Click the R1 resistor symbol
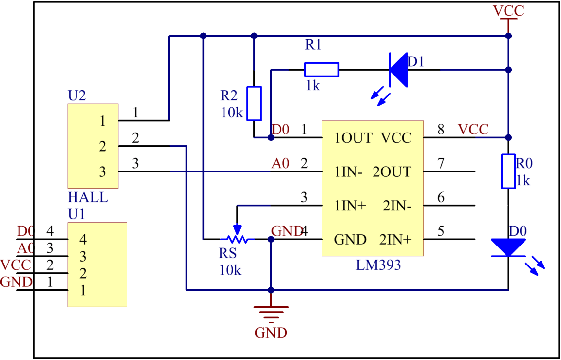321,70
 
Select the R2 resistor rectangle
254,103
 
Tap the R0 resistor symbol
508,171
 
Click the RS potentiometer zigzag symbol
237,239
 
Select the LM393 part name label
378,265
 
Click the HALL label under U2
88,198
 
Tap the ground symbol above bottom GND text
271,312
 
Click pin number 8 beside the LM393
441,130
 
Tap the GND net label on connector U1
17,282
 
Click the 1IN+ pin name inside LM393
350,206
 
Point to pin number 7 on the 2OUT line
441,164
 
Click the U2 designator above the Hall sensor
77,95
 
